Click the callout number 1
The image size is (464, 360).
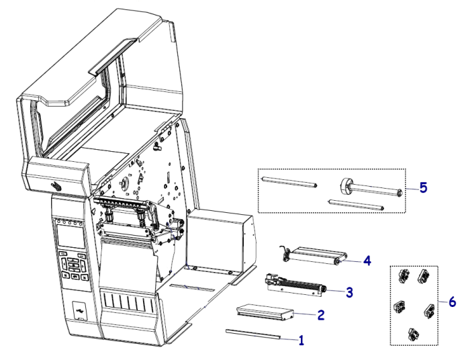pos(301,340)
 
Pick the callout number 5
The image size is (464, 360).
pos(423,189)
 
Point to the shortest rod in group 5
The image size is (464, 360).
pos(355,204)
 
